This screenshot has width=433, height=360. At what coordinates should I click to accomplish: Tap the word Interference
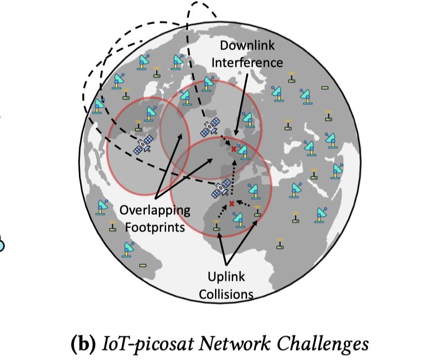(x=251, y=63)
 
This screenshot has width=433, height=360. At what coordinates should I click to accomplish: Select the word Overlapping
(x=155, y=211)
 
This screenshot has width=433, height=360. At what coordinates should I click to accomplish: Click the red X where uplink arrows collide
(x=231, y=203)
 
